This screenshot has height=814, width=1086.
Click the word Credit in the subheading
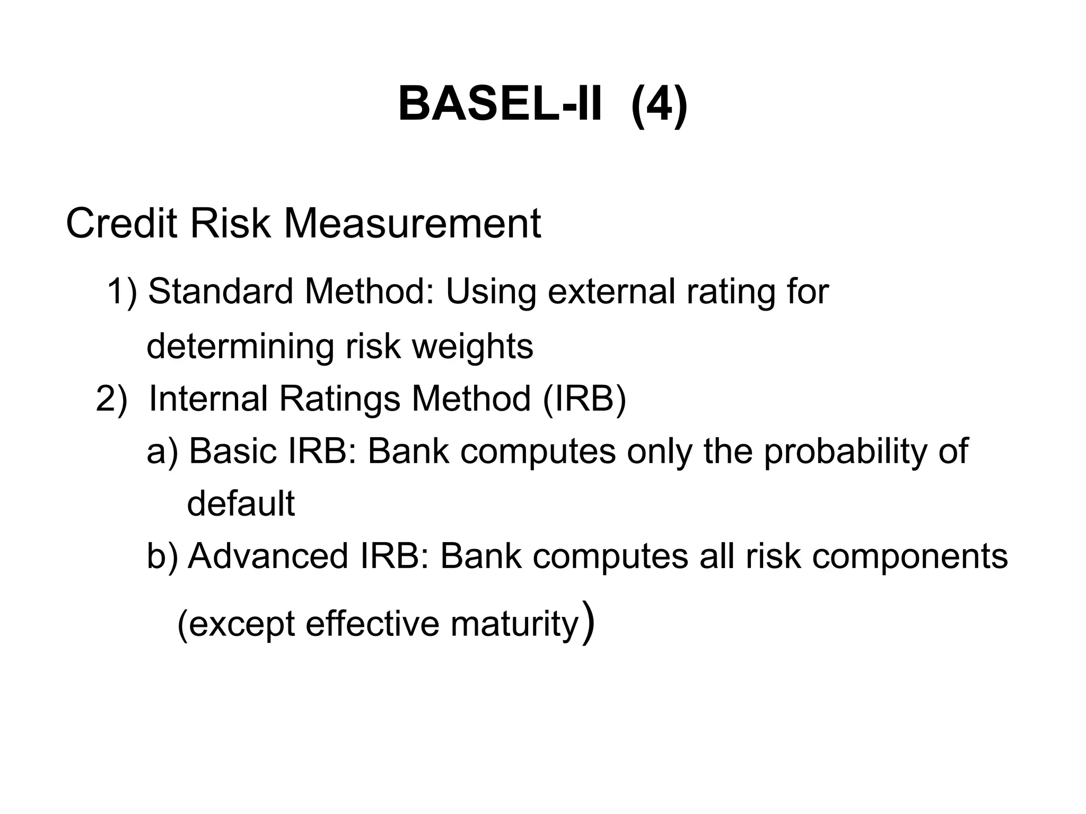tap(121, 224)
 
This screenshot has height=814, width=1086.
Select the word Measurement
tap(412, 224)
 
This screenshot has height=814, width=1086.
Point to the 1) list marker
tap(122, 292)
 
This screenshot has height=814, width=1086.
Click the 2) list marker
tap(112, 399)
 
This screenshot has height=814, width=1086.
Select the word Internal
tap(208, 399)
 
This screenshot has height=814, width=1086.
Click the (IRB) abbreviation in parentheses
tap(584, 399)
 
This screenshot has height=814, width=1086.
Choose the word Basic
tap(233, 452)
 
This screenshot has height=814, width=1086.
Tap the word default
tap(241, 503)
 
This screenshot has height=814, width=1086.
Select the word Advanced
tap(268, 556)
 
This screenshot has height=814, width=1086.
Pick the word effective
tap(372, 624)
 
